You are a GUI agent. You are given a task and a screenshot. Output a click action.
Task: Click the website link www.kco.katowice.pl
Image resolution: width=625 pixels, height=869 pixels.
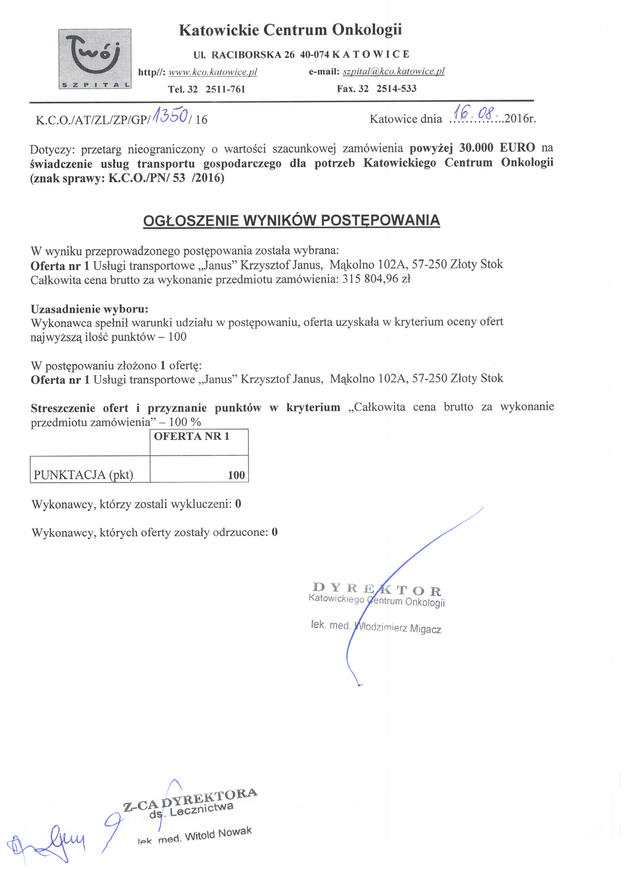(x=213, y=72)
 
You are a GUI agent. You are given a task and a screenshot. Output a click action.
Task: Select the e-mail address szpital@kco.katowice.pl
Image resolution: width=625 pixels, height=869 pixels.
(x=393, y=71)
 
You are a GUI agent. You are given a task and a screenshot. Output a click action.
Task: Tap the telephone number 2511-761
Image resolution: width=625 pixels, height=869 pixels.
(x=225, y=89)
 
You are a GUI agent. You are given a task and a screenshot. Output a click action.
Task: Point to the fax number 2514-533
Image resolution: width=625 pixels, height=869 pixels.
(x=396, y=89)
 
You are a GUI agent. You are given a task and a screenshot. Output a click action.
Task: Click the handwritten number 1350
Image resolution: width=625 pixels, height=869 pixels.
(x=170, y=115)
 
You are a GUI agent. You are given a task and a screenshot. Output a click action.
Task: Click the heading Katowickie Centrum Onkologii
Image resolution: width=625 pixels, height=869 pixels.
(x=290, y=30)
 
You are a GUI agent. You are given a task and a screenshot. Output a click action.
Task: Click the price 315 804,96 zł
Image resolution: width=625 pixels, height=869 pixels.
(x=376, y=279)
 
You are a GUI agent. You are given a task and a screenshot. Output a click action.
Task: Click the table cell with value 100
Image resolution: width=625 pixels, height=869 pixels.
(x=236, y=475)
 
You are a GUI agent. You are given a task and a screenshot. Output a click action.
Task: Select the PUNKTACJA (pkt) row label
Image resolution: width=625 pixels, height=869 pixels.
(x=83, y=475)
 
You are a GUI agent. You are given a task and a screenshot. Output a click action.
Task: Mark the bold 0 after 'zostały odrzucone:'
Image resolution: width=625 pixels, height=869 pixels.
(x=274, y=532)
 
